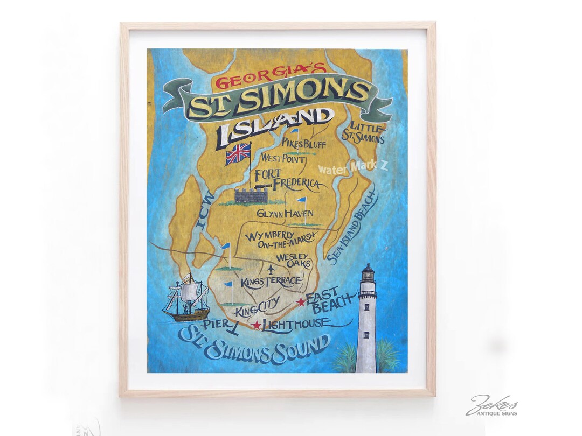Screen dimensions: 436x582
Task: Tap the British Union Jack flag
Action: click(238, 153)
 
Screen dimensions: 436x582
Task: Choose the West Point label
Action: click(283, 159)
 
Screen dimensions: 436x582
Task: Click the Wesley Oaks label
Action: click(293, 261)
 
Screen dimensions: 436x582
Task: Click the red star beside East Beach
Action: click(301, 303)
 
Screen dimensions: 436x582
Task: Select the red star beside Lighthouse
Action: click(257, 325)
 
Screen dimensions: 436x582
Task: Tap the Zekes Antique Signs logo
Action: click(491, 406)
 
